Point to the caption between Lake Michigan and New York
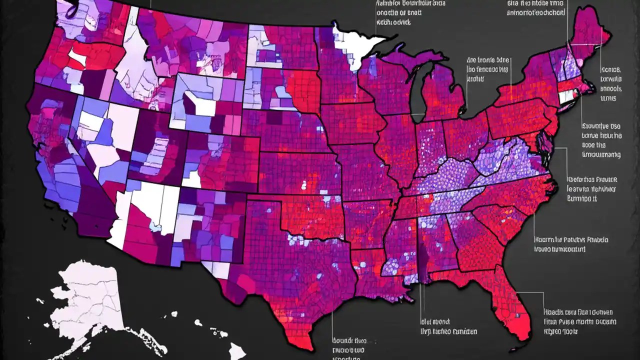[x=487, y=70]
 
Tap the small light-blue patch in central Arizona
[x=155, y=227]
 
